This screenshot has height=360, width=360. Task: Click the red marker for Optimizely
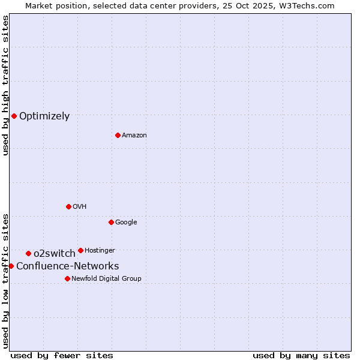pos(14,116)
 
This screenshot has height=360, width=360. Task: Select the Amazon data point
pos(118,135)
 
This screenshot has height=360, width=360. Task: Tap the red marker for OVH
pos(68,206)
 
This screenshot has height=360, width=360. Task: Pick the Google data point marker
pos(111,222)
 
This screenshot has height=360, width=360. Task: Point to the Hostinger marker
pos(80,250)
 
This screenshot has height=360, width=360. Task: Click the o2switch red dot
pos(28,253)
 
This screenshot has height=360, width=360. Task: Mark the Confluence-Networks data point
pos(11,266)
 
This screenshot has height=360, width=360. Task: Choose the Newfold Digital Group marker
pos(67,278)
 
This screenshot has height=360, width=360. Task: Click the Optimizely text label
pos(44,116)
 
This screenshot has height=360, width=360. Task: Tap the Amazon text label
pos(134,136)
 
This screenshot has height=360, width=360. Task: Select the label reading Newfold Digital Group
pos(106,278)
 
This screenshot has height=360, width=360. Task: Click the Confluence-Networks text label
pos(67,266)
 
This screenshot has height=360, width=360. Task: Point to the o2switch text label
pos(55,254)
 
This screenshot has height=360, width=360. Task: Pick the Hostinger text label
pos(100,250)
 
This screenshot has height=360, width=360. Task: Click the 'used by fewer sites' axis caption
pos(62,355)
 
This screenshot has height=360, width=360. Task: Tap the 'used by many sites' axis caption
pos(301,355)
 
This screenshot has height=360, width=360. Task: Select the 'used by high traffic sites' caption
pos(5,85)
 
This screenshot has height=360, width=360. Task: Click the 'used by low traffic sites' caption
pos(5,280)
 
